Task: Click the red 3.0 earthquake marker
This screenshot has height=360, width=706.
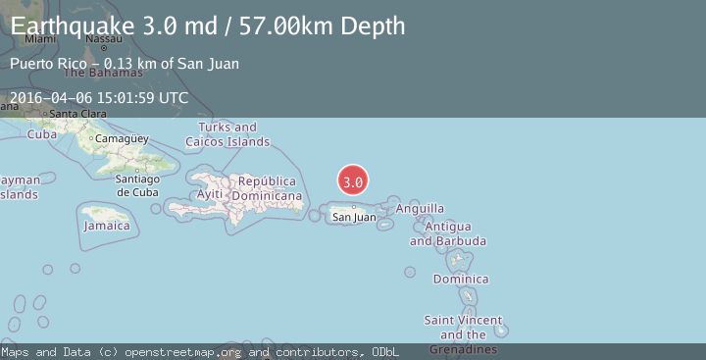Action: click(x=353, y=181)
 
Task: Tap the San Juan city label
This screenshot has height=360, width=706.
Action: click(x=353, y=217)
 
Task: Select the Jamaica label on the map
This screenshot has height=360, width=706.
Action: click(x=107, y=226)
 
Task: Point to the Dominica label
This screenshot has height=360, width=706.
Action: click(x=461, y=280)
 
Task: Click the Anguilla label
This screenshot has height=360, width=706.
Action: click(x=420, y=208)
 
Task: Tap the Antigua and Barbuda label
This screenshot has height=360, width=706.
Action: click(x=448, y=233)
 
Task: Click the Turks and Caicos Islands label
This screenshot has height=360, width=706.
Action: click(x=233, y=134)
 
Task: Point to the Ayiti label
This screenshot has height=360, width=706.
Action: click(x=210, y=194)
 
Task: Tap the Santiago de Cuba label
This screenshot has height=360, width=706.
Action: click(x=137, y=184)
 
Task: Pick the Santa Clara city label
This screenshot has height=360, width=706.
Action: click(x=76, y=114)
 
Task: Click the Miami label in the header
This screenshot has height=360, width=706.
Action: click(x=40, y=39)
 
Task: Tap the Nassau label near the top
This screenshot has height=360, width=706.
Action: click(x=103, y=39)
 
